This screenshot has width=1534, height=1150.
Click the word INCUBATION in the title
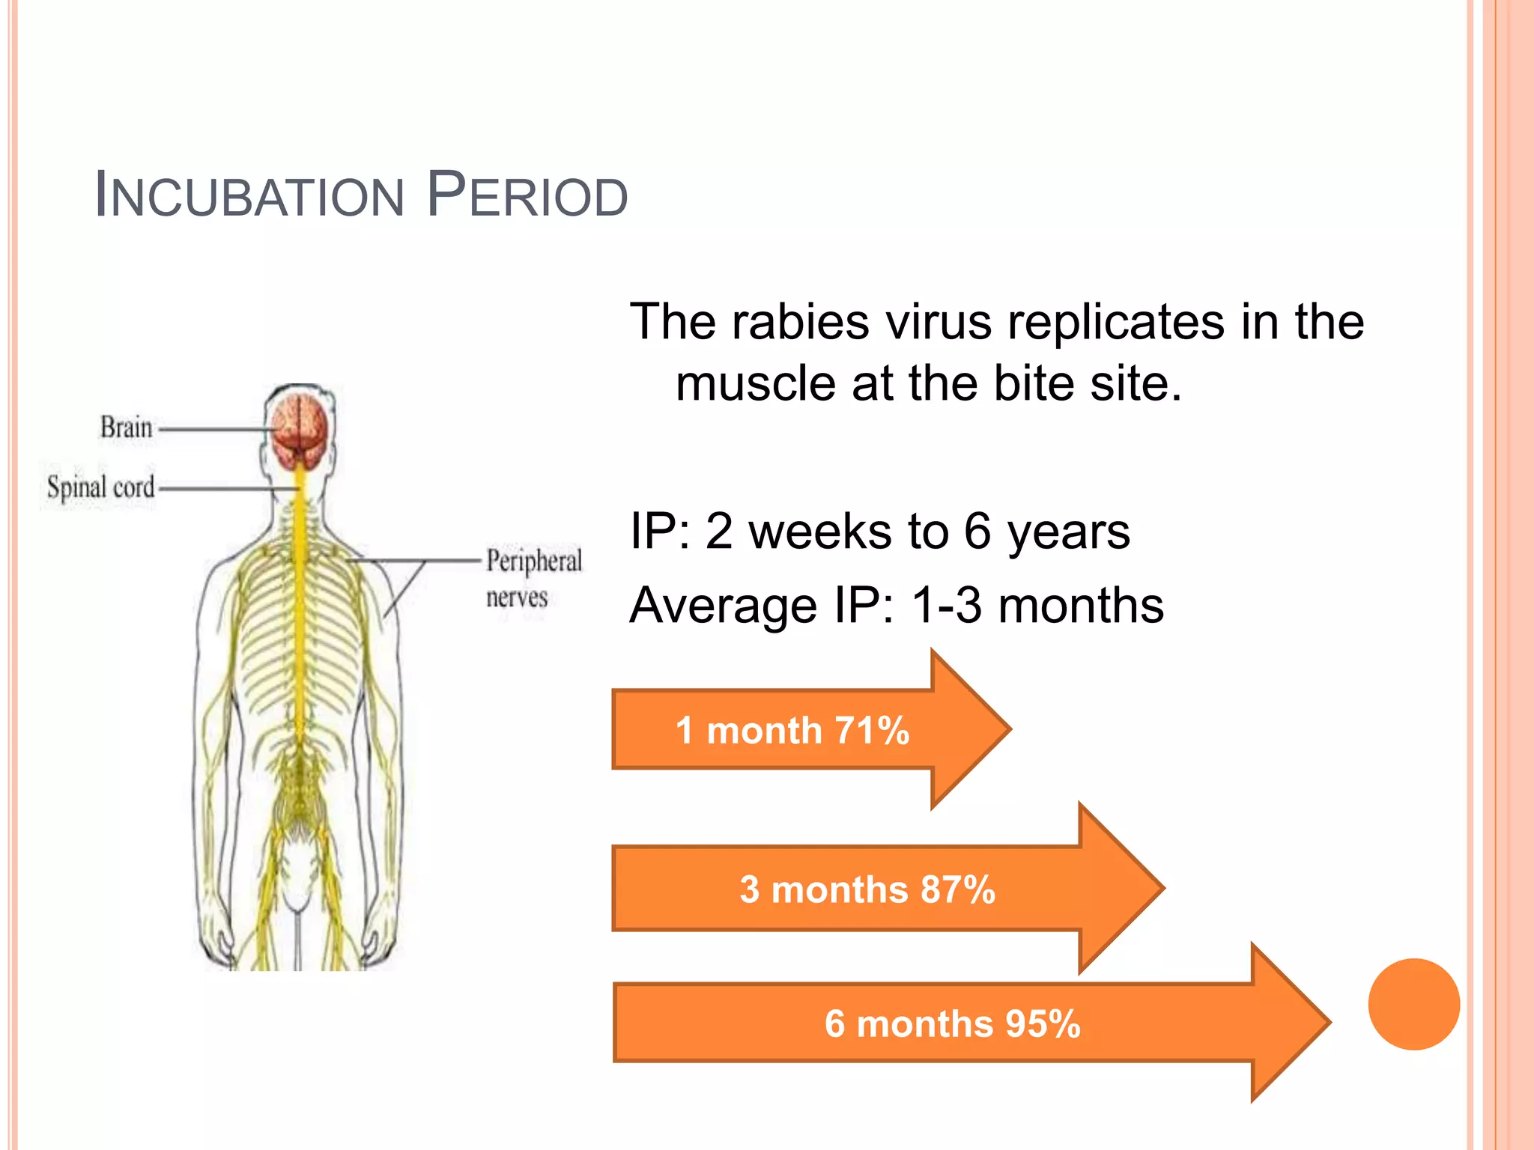tap(249, 196)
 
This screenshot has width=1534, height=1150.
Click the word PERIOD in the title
tap(527, 196)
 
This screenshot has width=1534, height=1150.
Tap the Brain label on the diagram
tap(126, 428)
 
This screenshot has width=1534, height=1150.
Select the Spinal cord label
tap(100, 487)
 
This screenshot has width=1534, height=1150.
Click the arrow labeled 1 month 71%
tap(794, 730)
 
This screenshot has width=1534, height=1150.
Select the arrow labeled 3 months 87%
tap(869, 889)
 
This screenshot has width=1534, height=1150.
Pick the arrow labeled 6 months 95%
tap(951, 1023)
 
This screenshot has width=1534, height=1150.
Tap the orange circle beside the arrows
tap(1413, 1004)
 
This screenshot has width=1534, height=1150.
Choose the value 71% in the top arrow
tap(872, 730)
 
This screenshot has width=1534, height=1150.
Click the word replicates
tap(1115, 322)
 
